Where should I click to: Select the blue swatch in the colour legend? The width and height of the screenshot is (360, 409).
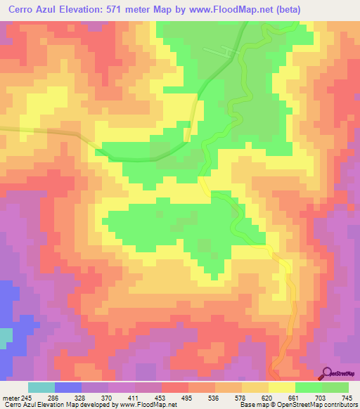(68, 387)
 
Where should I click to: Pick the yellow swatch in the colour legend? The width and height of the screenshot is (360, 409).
(281, 387)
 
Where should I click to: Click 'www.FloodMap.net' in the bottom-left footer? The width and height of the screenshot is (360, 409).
(146, 405)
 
